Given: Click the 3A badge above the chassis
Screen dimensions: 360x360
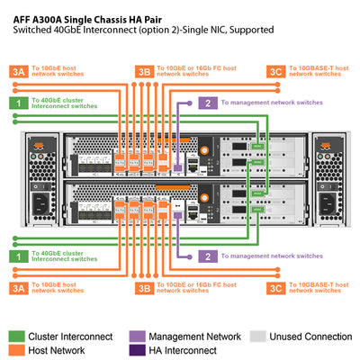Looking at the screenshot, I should click(x=17, y=71).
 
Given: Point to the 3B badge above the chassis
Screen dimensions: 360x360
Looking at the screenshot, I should click(x=143, y=71).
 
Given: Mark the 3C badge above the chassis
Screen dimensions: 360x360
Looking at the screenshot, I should click(x=275, y=71).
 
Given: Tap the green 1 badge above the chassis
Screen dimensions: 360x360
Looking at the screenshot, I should click(x=17, y=103).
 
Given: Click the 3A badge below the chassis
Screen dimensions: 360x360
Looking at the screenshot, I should click(x=17, y=288).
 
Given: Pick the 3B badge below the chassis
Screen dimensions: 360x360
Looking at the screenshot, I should click(x=143, y=288).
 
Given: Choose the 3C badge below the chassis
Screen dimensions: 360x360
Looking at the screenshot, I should click(x=275, y=288).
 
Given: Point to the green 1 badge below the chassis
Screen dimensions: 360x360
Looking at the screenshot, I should click(x=17, y=257).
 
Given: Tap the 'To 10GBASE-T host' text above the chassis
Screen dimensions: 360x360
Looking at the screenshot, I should click(x=320, y=68).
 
